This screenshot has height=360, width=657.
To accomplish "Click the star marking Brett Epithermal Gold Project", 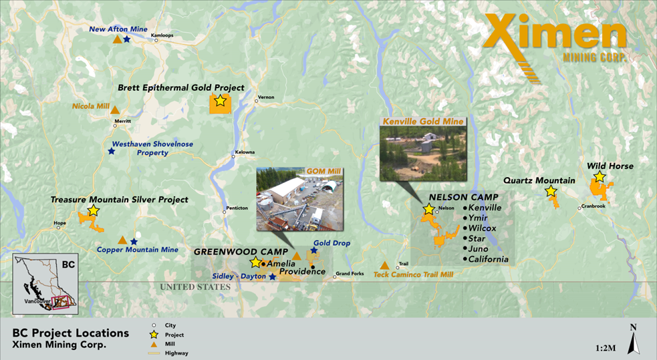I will point(220,102).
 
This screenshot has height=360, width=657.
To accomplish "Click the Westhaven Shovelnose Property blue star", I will point(111,151).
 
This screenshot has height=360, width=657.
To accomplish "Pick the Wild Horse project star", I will point(600,177).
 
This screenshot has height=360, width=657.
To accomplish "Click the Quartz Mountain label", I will point(539,180).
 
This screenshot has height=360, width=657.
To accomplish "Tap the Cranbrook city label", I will point(592,207).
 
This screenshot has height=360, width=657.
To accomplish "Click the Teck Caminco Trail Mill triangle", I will point(384,265).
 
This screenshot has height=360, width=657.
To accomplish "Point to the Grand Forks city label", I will point(350,273).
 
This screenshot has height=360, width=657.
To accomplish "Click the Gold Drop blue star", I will point(313,251).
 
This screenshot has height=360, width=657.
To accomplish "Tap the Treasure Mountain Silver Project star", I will point(93,210).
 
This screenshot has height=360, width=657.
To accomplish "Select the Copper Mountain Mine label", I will point(138,250).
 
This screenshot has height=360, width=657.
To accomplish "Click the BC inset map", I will point(46,284).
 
